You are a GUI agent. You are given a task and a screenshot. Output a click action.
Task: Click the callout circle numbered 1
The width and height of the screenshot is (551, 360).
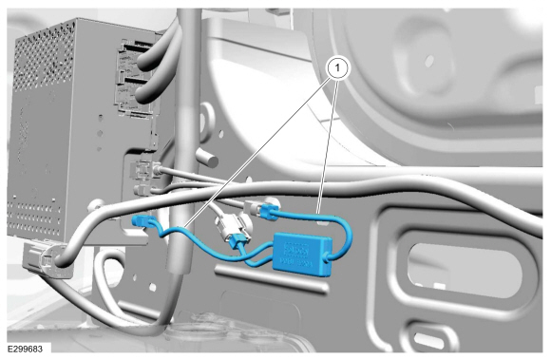[x=337, y=67]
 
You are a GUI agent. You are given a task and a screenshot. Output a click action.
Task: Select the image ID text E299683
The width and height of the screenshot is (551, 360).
[x=25, y=349]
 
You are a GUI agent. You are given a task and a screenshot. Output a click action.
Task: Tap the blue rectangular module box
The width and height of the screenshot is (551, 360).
[x=303, y=254]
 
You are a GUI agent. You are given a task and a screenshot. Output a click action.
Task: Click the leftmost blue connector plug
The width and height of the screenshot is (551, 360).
[x=141, y=221]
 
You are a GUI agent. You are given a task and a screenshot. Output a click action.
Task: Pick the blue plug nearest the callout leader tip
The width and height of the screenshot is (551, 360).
[x=269, y=212]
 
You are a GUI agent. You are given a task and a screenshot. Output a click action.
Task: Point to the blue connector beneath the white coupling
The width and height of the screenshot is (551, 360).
[x=238, y=241]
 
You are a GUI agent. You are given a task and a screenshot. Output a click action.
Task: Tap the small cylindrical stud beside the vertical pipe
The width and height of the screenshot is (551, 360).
[x=207, y=158]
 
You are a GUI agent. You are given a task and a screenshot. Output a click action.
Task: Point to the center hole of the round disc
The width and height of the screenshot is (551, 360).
[x=428, y=61]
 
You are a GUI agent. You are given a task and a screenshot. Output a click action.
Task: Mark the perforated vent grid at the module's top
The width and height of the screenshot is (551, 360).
[x=45, y=54]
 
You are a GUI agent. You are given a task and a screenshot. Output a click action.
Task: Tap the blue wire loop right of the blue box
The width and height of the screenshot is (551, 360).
[x=342, y=235]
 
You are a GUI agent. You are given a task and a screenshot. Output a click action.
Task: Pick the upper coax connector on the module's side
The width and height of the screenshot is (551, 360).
[x=144, y=169]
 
